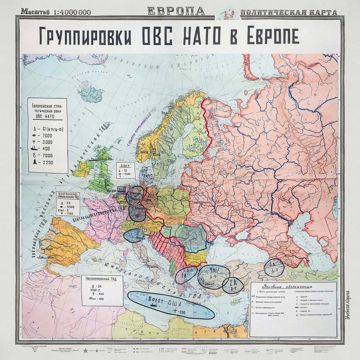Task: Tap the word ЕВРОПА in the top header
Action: point(176,11)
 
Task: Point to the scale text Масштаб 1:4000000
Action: point(56,12)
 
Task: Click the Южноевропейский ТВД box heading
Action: point(102,278)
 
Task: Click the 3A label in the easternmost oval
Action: point(273,264)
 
